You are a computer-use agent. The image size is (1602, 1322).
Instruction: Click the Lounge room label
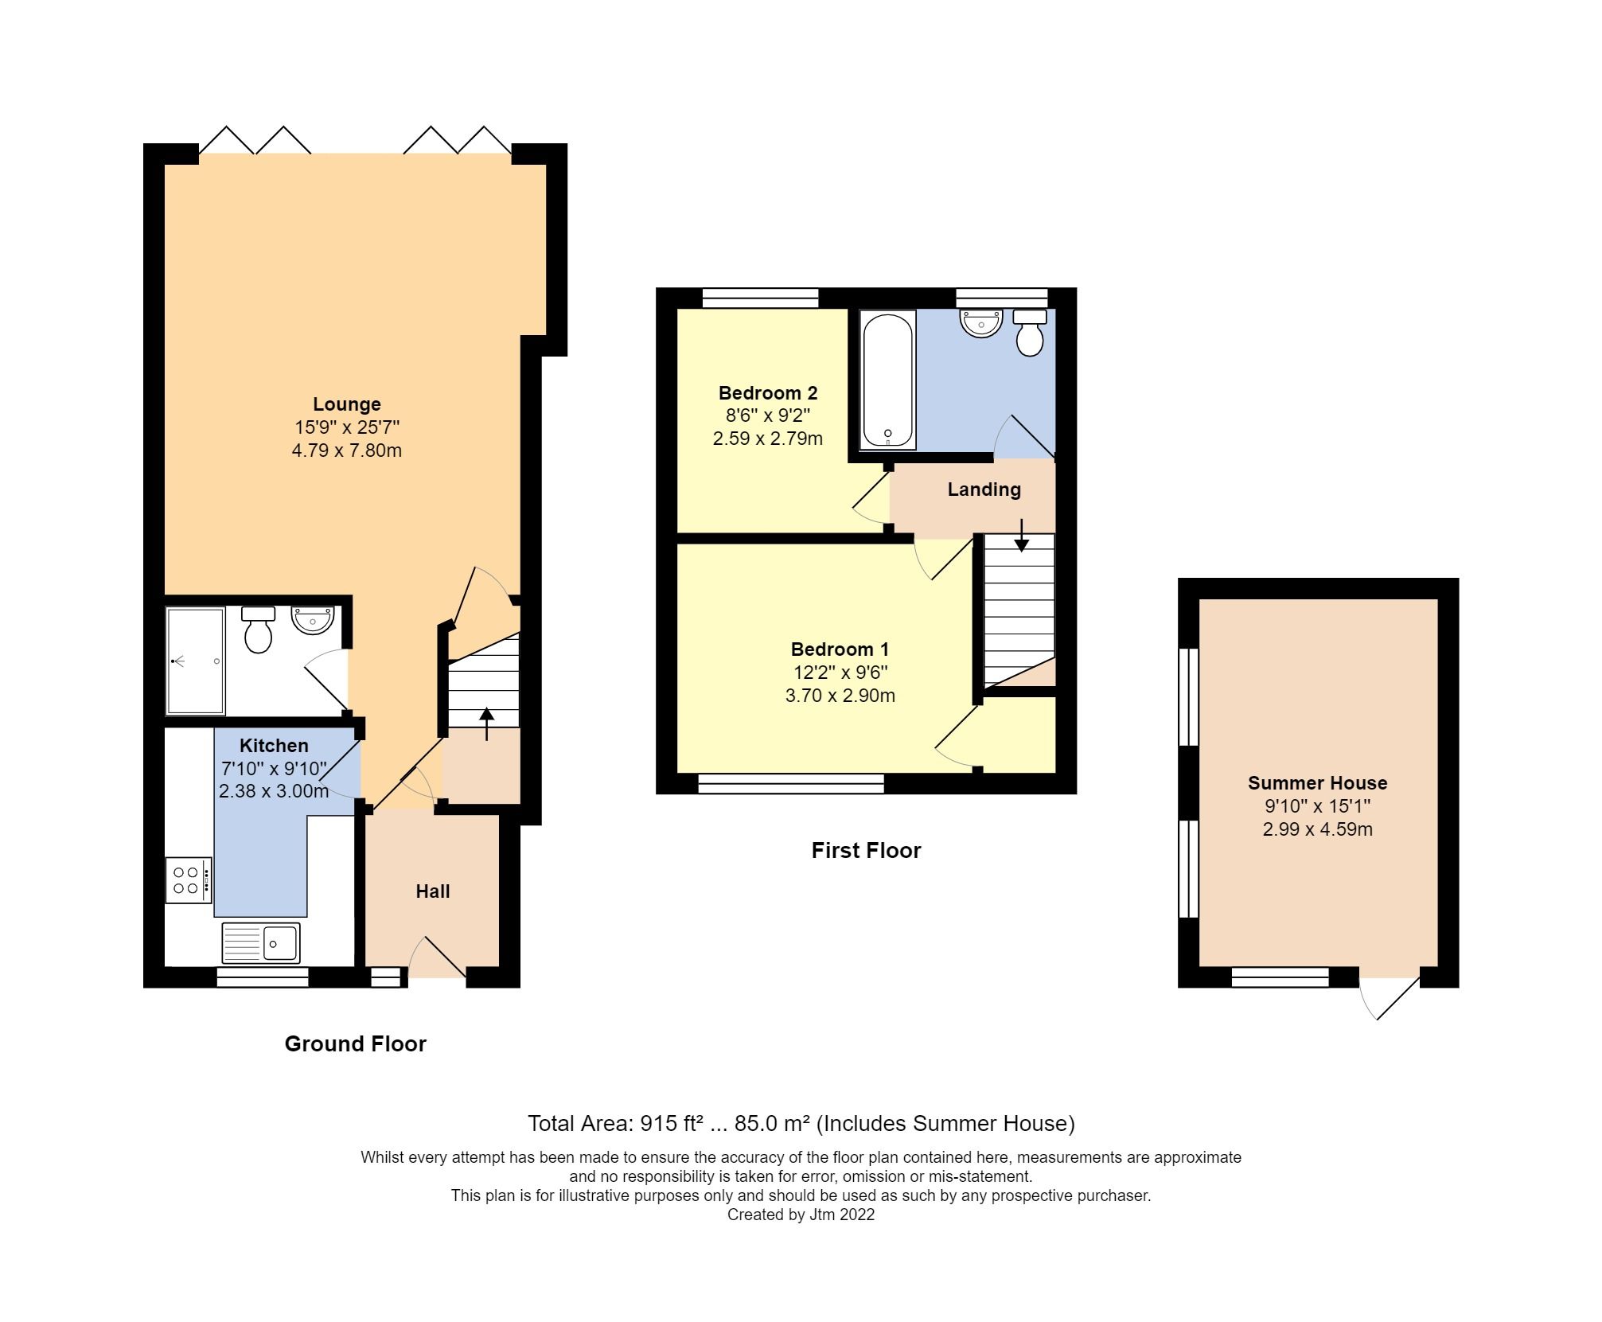[346, 404]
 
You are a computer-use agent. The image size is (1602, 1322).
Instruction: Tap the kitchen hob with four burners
[189, 879]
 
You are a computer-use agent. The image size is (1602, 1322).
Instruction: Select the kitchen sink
[261, 943]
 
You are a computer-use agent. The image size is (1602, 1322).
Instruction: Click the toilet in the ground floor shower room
[258, 630]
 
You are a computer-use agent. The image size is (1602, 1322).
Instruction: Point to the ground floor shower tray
[195, 661]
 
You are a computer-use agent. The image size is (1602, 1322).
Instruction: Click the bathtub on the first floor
[887, 380]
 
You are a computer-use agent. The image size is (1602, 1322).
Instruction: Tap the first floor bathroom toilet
[1030, 334]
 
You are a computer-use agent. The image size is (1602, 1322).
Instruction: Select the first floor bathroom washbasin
[981, 323]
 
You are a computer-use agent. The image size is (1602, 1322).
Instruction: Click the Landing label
[984, 489]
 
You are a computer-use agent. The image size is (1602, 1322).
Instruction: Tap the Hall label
[432, 891]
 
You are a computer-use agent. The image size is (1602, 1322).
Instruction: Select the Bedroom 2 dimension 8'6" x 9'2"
[767, 415]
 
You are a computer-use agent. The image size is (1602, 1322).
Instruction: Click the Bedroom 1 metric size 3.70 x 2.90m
[840, 696]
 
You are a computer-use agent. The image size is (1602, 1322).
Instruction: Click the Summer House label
[1317, 783]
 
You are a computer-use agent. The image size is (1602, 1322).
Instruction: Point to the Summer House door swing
[1389, 999]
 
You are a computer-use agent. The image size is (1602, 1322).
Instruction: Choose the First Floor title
[866, 851]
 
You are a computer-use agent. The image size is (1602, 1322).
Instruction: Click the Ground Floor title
[355, 1044]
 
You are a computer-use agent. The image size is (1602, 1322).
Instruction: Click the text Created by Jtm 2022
[801, 1215]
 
